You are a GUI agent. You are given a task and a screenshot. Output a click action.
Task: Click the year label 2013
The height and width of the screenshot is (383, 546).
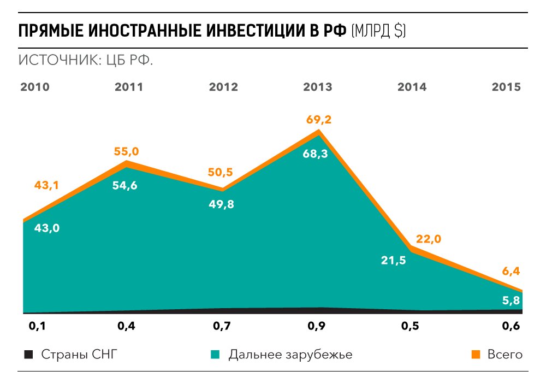point(317,87)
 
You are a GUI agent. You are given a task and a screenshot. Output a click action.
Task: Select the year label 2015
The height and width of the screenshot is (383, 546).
point(506,87)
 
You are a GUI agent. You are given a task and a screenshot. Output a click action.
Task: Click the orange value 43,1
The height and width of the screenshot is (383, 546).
point(46,186)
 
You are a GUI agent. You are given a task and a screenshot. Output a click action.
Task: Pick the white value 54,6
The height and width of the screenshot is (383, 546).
point(125,186)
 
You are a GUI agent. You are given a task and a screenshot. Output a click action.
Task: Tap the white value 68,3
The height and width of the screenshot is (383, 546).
point(315,154)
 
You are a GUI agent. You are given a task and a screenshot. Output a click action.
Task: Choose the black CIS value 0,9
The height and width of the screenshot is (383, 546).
point(317,327)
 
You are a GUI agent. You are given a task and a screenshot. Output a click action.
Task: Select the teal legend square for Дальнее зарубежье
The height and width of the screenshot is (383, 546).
point(216,355)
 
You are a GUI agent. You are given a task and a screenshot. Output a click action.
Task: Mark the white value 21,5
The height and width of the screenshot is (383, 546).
point(393,260)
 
